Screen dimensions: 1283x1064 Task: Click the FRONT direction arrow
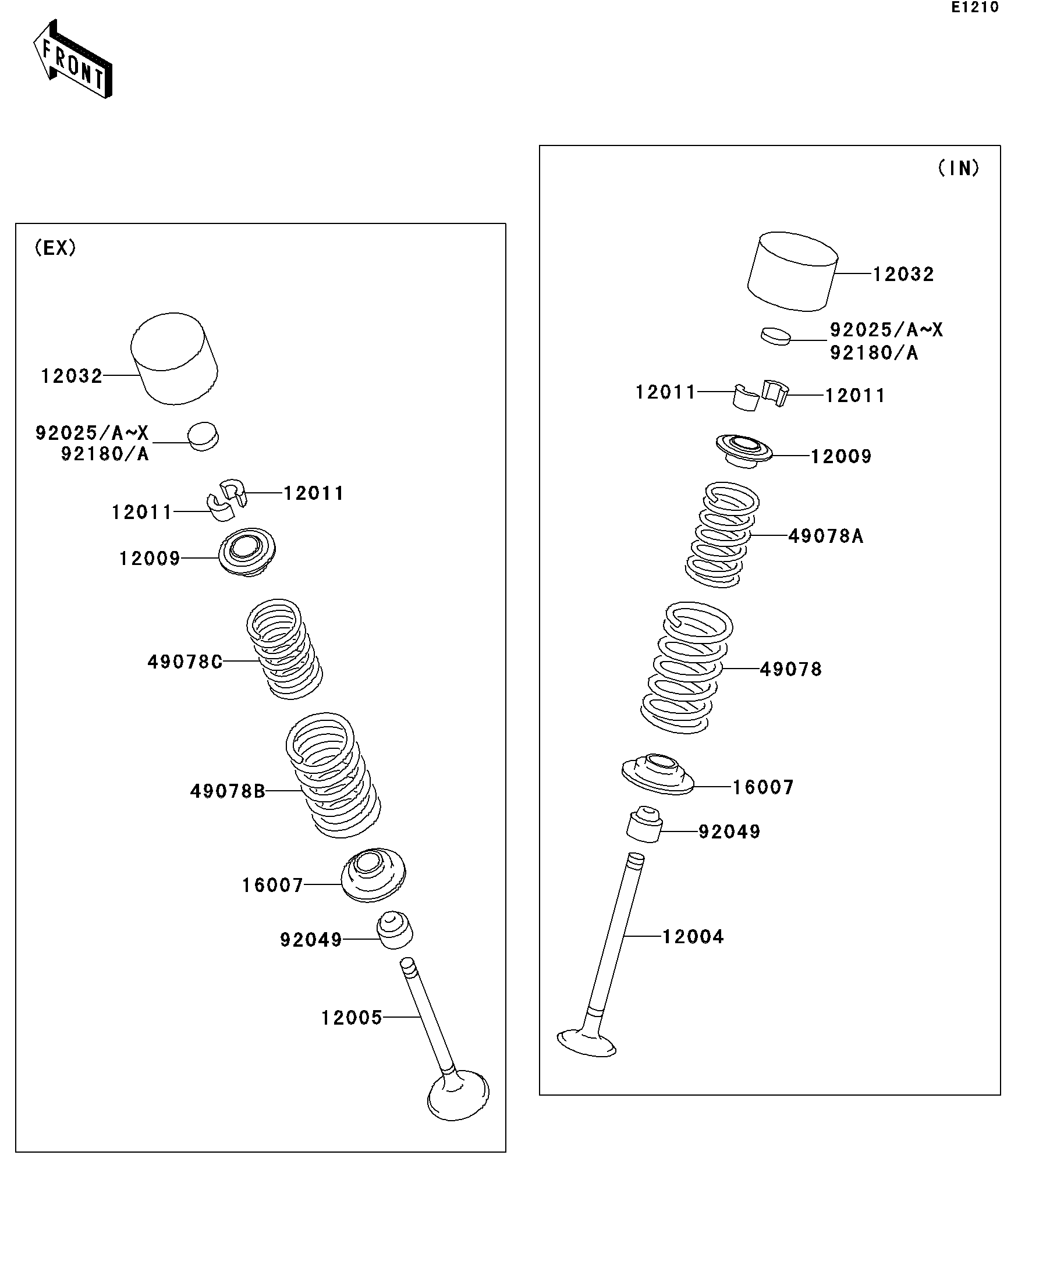[72, 60]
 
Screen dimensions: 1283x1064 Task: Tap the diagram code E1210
[974, 8]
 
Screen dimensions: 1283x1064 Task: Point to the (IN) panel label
[958, 168]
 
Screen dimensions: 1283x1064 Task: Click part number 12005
[352, 1018]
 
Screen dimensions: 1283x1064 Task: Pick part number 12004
[693, 937]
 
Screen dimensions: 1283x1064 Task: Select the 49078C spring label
[185, 662]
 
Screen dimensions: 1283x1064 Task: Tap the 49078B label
[228, 792]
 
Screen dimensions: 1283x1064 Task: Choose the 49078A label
[825, 536]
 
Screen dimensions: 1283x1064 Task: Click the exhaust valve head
[458, 1097]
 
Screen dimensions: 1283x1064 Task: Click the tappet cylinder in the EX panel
[174, 358]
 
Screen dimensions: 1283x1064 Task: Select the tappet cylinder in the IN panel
[793, 271]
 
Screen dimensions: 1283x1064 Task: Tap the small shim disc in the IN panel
[776, 335]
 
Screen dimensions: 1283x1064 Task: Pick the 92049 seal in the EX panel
[395, 930]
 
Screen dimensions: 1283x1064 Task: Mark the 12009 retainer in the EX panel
[247, 552]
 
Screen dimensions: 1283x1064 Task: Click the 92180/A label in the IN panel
[873, 353]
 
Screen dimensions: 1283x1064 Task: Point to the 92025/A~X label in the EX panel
[91, 433]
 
